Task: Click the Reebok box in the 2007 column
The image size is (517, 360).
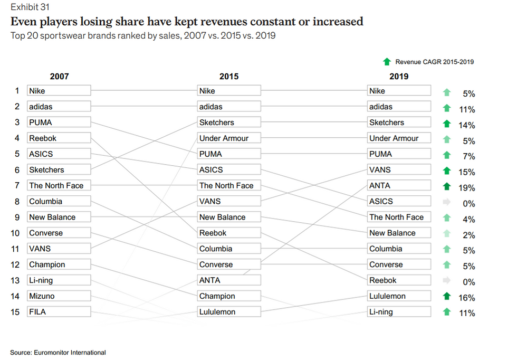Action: click(59, 138)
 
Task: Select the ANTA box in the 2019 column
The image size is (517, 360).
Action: click(399, 186)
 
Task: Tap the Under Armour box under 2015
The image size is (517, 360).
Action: click(229, 138)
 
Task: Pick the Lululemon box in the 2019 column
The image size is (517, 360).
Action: click(399, 296)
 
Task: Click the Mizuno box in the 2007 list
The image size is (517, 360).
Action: click(59, 296)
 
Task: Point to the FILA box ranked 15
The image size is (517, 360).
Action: click(59, 312)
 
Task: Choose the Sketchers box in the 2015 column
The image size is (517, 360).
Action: click(229, 122)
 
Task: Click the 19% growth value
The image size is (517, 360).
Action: click(466, 188)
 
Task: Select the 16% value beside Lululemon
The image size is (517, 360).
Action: click(466, 298)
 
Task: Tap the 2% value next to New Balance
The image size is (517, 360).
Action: click(468, 235)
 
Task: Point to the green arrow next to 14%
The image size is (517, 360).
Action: click(447, 124)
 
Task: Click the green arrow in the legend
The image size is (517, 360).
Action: click(387, 62)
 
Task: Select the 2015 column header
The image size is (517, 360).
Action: click(229, 77)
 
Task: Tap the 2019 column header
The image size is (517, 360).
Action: click(399, 77)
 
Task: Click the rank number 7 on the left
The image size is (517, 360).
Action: click(17, 186)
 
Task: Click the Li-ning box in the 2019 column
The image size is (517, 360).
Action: click(399, 312)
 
